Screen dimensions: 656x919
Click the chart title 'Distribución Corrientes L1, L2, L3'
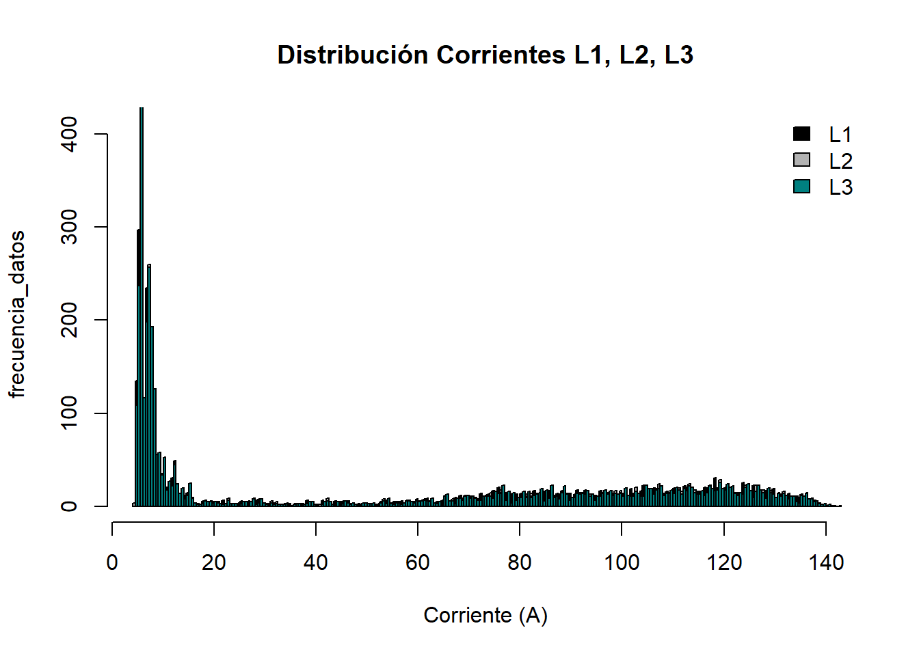[x=485, y=55]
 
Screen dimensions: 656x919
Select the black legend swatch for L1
[x=801, y=134]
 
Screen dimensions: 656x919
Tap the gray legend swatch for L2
[x=801, y=160]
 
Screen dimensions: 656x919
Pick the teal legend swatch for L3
[x=801, y=187]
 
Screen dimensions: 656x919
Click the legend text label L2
[x=840, y=161]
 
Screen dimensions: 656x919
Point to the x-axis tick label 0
[x=112, y=563]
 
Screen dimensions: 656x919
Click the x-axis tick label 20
[x=214, y=563]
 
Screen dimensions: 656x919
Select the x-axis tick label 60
[x=418, y=563]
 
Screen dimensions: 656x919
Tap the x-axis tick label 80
[x=520, y=563]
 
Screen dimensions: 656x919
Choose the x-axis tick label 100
[x=622, y=563]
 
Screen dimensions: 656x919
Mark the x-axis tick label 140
[x=826, y=563]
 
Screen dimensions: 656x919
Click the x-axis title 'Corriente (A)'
[x=485, y=615]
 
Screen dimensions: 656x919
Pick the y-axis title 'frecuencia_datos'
[x=16, y=314]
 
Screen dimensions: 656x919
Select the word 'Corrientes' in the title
[x=501, y=55]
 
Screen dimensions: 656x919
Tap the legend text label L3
[x=840, y=187]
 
